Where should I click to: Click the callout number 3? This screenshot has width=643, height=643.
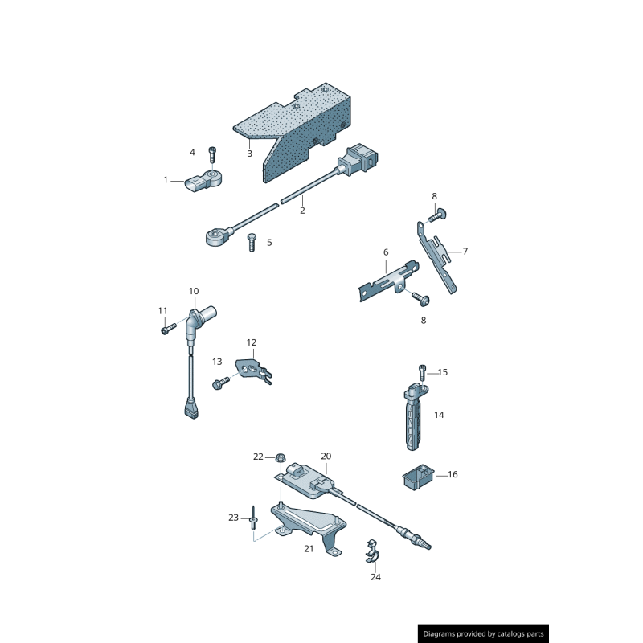(x=249, y=154)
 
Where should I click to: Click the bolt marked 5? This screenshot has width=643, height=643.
(x=252, y=241)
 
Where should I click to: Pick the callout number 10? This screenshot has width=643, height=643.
(x=194, y=291)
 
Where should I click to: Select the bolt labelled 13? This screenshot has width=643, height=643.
(x=219, y=385)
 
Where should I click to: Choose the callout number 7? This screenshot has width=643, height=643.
(x=465, y=252)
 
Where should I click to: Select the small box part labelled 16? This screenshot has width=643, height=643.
(x=416, y=477)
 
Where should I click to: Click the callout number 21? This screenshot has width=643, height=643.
(x=309, y=549)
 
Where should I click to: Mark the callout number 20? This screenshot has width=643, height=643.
(x=326, y=456)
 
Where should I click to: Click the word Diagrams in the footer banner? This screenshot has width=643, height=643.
(x=440, y=634)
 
